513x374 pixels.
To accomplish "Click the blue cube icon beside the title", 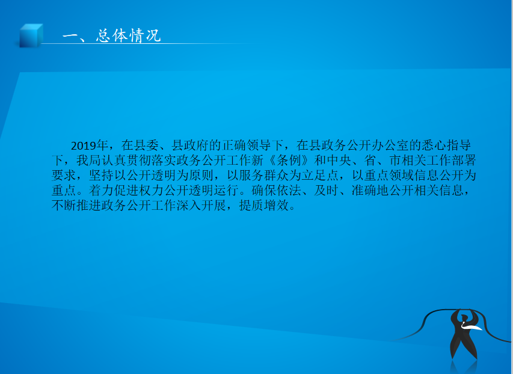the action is pyautogui.click(x=31, y=35).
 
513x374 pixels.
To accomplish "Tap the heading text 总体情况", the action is pyautogui.click(x=129, y=35).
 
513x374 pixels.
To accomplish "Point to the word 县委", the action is pyautogui.click(x=140, y=146).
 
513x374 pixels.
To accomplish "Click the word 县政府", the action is pyautogui.click(x=190, y=146).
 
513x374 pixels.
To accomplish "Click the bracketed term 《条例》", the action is pyautogui.click(x=289, y=161).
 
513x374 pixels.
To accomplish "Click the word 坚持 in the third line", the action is pyautogui.click(x=102, y=176).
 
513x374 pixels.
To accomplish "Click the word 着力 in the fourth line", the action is pyautogui.click(x=102, y=191).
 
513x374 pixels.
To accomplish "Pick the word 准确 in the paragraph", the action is pyautogui.click(x=364, y=191).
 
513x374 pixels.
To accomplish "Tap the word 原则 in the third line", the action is pyautogui.click(x=201, y=176).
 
